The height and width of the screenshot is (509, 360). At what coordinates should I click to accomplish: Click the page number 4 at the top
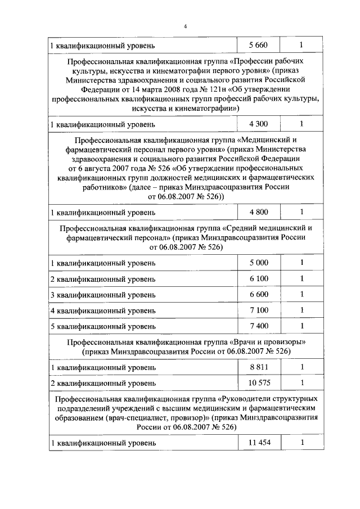[184, 26]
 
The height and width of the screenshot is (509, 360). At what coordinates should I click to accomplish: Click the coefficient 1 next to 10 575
[302, 383]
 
